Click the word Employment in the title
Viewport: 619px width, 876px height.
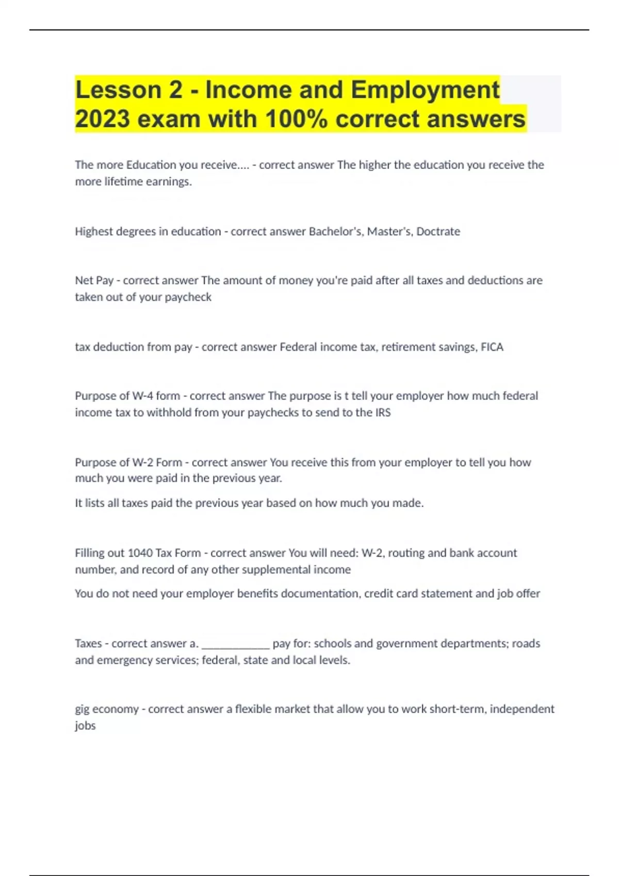[425, 90]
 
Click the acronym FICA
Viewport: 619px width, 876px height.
[492, 347]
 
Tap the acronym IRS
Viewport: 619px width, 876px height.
[383, 412]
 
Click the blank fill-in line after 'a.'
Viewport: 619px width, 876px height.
[236, 644]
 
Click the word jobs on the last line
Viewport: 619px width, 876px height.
[85, 726]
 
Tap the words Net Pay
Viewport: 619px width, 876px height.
[94, 280]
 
